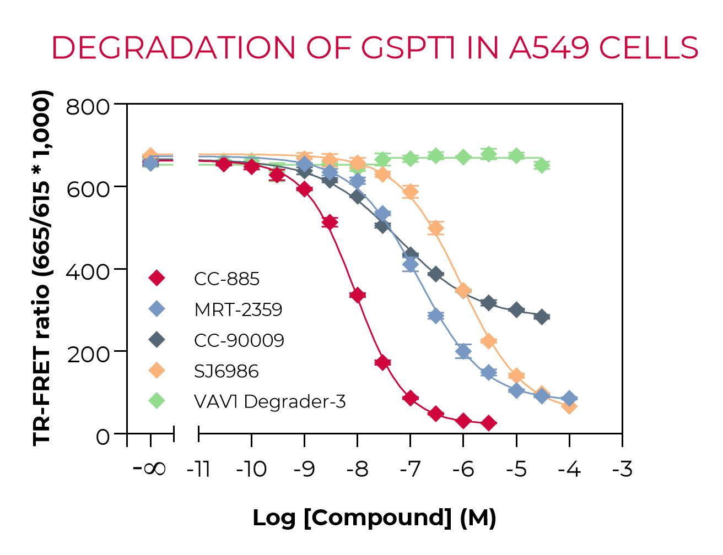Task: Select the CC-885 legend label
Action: click(226, 279)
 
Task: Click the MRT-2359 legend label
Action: click(238, 310)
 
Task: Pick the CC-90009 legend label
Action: click(239, 341)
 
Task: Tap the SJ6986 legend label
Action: click(226, 371)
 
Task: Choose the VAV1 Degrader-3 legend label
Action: click(269, 402)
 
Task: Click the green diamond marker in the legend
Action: click(158, 401)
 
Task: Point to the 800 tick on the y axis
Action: click(88, 106)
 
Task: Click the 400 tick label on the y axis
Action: click(88, 271)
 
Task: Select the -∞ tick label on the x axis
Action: click(150, 470)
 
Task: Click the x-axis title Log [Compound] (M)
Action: click(374, 518)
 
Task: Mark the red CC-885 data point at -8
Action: click(357, 296)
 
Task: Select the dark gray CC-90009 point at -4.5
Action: click(542, 317)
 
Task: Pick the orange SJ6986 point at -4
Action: click(570, 407)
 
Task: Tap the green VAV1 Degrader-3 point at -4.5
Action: click(542, 165)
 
